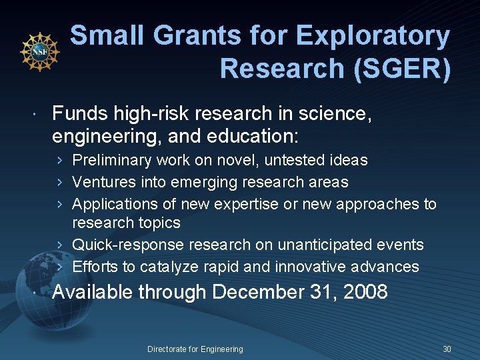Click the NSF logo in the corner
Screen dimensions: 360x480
coord(40,51)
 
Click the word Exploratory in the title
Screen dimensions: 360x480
coord(373,36)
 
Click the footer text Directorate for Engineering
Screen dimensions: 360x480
coord(195,349)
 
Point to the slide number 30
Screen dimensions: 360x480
coord(447,349)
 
